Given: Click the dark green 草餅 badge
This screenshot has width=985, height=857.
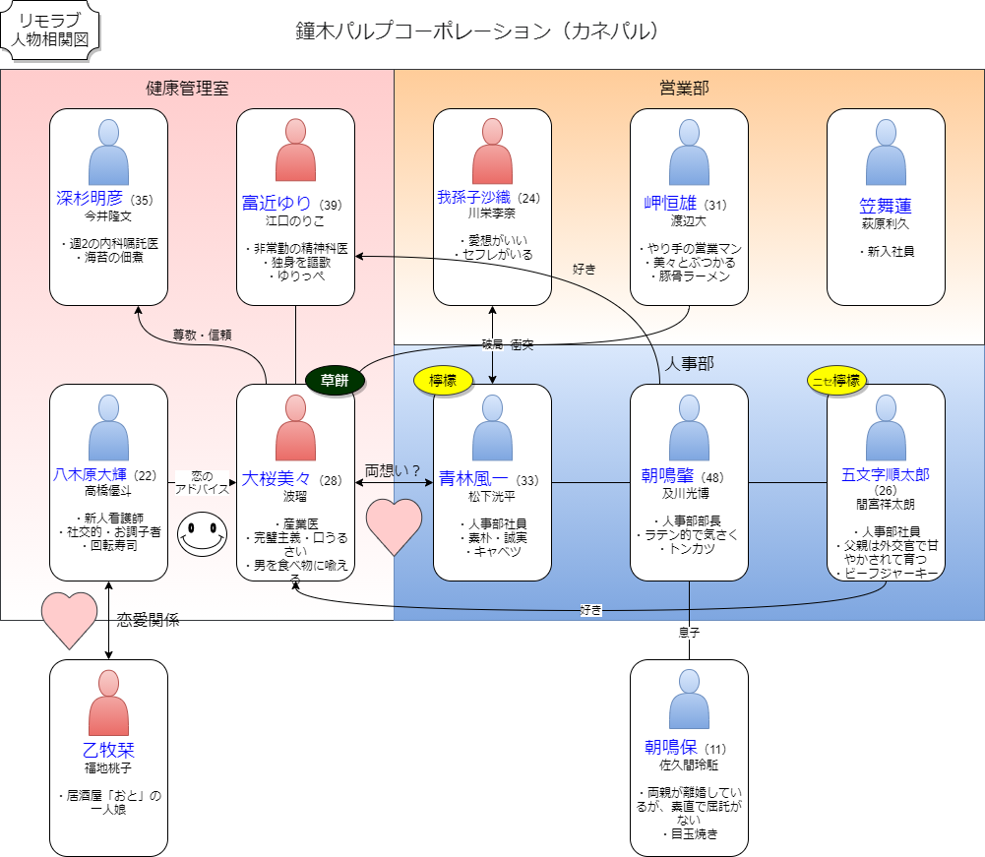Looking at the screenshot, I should [x=335, y=380].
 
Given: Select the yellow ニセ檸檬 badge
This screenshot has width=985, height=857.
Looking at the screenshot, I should [x=835, y=380].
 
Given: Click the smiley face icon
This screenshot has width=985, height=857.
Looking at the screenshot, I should [x=202, y=534].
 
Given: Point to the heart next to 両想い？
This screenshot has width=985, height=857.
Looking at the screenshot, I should [x=394, y=526].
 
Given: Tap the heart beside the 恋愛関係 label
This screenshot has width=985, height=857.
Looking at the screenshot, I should [x=70, y=620].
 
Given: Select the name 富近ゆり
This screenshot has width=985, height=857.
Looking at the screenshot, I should [x=278, y=204].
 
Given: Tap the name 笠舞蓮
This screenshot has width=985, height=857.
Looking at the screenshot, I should [x=886, y=206].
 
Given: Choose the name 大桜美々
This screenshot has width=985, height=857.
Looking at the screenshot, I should [x=277, y=479].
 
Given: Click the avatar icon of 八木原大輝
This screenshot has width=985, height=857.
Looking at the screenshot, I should [x=108, y=428].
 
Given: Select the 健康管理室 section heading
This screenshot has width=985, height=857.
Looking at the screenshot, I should [x=187, y=89].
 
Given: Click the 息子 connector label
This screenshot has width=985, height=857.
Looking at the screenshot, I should [x=689, y=631].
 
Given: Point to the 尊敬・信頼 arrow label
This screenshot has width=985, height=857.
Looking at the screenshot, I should [x=202, y=334].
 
